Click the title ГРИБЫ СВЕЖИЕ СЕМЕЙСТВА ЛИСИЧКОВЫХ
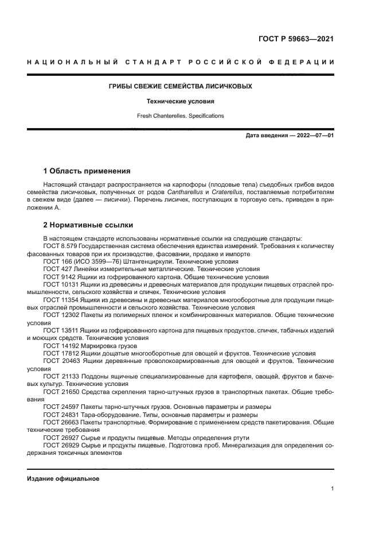(181, 86)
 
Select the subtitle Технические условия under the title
(181, 101)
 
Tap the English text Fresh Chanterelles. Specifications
(181, 115)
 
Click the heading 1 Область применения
(87, 171)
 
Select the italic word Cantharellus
(186, 192)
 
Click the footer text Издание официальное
(63, 478)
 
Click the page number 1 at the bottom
(332, 488)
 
